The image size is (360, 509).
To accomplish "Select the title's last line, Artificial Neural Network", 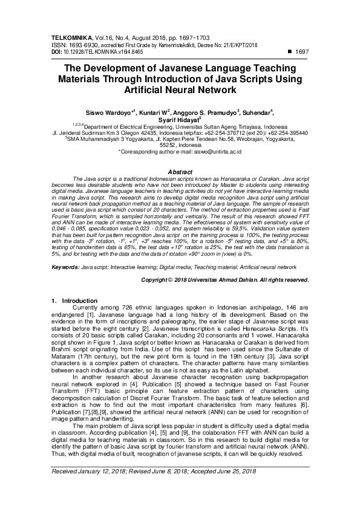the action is [x=179, y=89].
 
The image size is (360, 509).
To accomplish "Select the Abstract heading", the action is [x=179, y=172].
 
